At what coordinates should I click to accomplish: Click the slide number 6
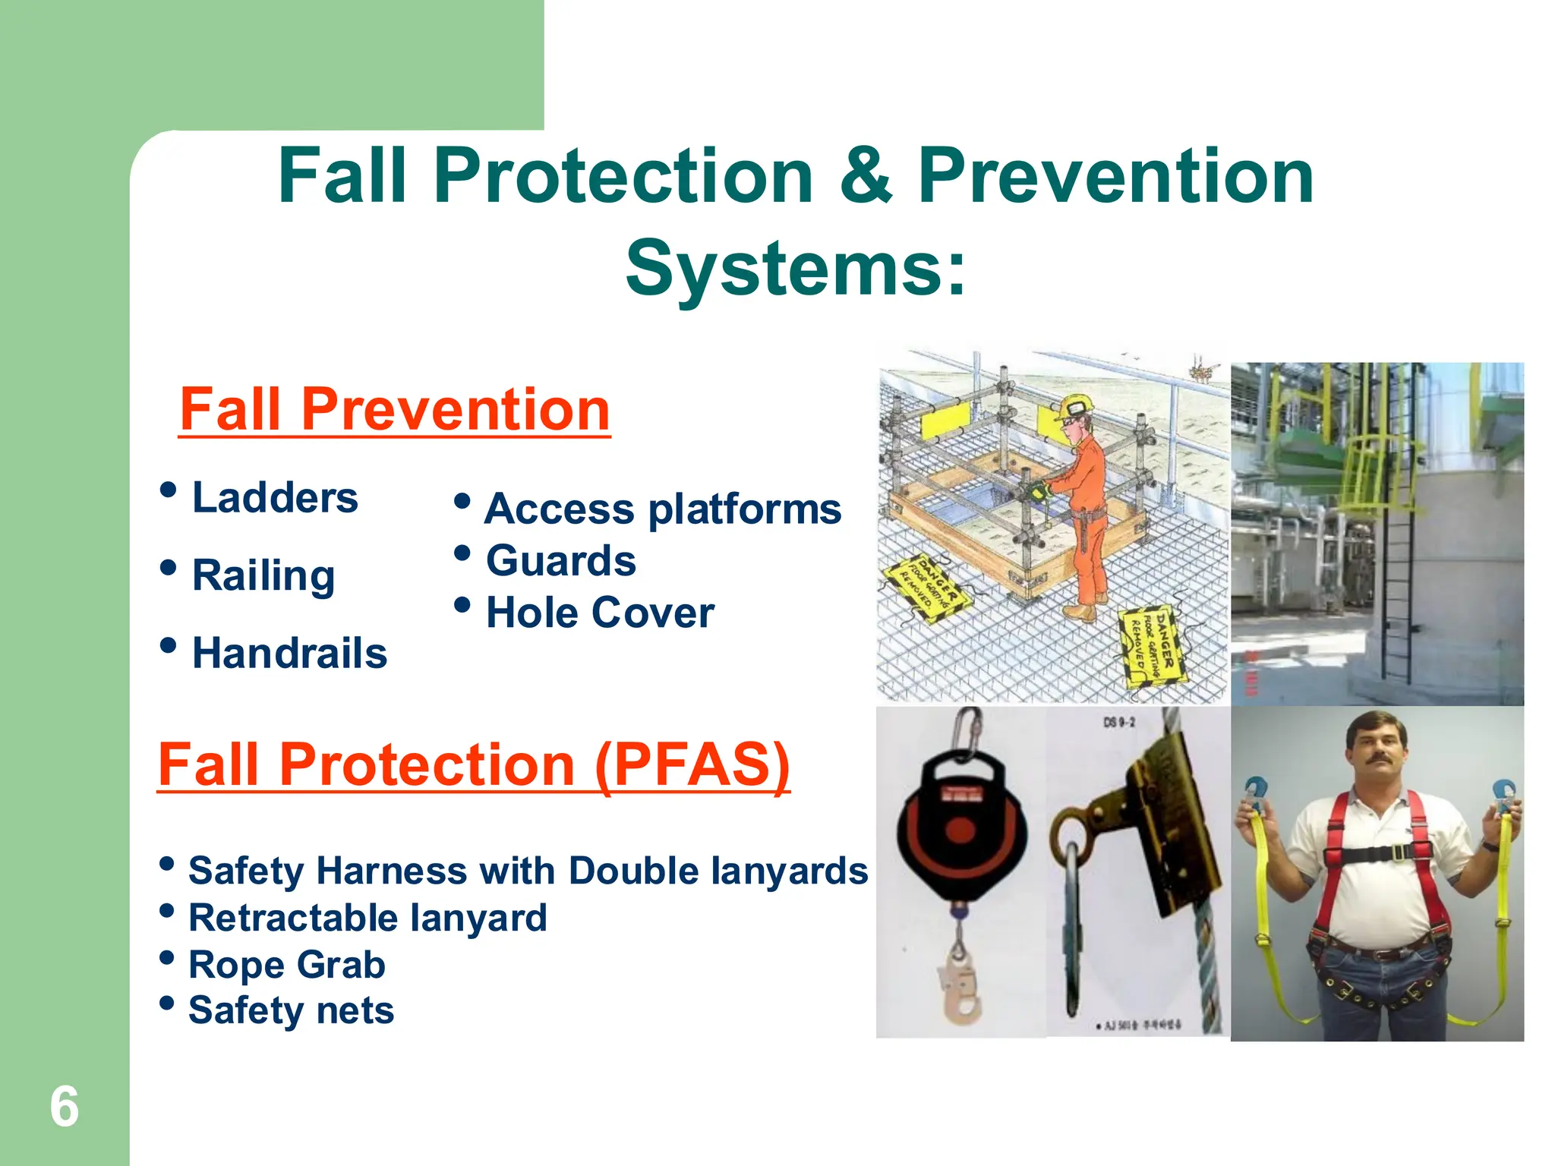pyautogui.click(x=64, y=1107)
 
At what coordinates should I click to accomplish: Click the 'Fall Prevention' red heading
pyautogui.click(x=394, y=410)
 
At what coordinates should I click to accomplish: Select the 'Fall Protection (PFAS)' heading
pyautogui.click(x=473, y=764)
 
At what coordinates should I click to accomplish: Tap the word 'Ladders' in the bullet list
pyautogui.click(x=275, y=498)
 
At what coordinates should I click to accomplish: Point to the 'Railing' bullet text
pyautogui.click(x=263, y=575)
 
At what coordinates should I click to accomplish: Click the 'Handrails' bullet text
pyautogui.click(x=289, y=654)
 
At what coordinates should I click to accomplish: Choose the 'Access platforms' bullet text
pyautogui.click(x=662, y=509)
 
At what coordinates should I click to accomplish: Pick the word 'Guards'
pyautogui.click(x=560, y=561)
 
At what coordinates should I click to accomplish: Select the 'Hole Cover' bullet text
pyautogui.click(x=600, y=613)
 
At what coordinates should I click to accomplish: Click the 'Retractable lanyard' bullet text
pyautogui.click(x=367, y=918)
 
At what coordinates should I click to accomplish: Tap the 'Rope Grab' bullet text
pyautogui.click(x=287, y=965)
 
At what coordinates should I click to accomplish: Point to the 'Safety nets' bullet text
pyautogui.click(x=291, y=1011)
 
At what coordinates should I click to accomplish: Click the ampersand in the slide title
pyautogui.click(x=866, y=176)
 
